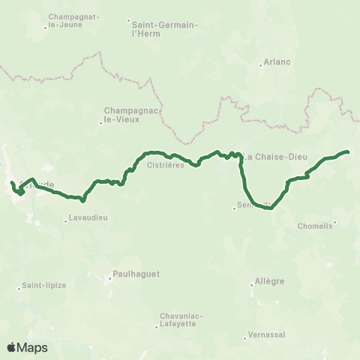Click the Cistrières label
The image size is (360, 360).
tap(166, 165)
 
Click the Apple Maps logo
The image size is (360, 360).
tap(27, 347)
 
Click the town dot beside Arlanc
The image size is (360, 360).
tap(260, 65)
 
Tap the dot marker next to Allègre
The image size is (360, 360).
tap(251, 284)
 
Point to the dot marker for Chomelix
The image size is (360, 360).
tap(334, 221)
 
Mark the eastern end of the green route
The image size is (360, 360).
tap(349, 152)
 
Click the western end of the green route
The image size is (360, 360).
tap(11, 183)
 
